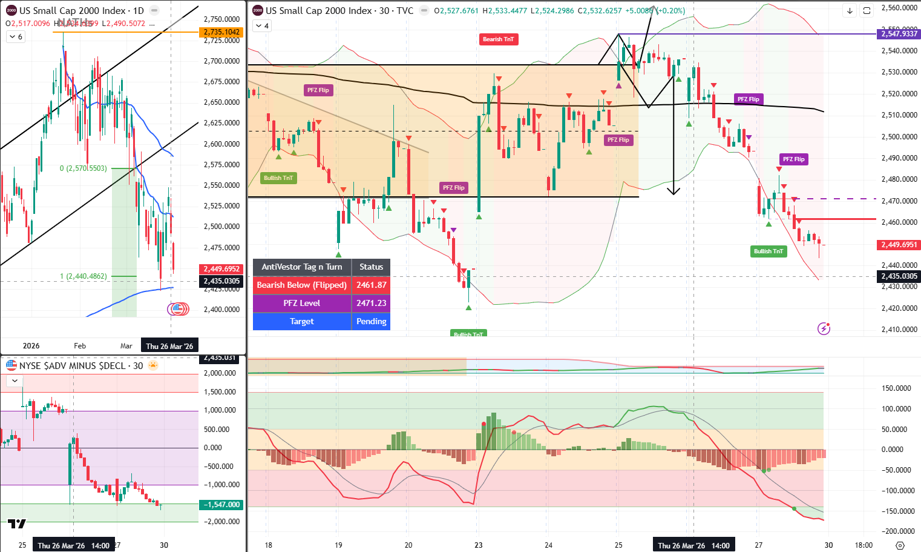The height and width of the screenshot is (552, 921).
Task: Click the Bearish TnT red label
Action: [x=498, y=39]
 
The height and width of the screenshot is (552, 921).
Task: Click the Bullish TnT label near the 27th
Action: [x=769, y=251]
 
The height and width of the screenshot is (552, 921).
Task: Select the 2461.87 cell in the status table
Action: [x=371, y=285]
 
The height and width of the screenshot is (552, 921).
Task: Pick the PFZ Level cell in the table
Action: [x=301, y=304]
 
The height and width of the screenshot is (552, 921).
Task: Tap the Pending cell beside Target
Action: [x=371, y=322]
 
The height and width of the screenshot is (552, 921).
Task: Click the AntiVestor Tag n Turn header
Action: [x=301, y=267]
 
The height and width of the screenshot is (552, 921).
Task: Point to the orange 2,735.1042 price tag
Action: [x=221, y=32]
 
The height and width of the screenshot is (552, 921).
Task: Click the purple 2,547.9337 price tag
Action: [x=899, y=34]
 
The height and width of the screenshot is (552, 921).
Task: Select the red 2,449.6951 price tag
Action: [x=899, y=245]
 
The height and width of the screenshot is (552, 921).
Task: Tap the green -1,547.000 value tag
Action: [x=221, y=505]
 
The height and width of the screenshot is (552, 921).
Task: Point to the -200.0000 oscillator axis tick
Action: [x=896, y=531]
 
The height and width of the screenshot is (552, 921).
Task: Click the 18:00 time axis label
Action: [x=864, y=545]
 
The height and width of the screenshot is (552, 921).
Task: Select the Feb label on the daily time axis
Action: [x=80, y=346]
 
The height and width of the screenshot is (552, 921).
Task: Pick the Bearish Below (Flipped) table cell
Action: [x=301, y=285]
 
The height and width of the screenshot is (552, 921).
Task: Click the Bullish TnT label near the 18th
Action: [x=278, y=178]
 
